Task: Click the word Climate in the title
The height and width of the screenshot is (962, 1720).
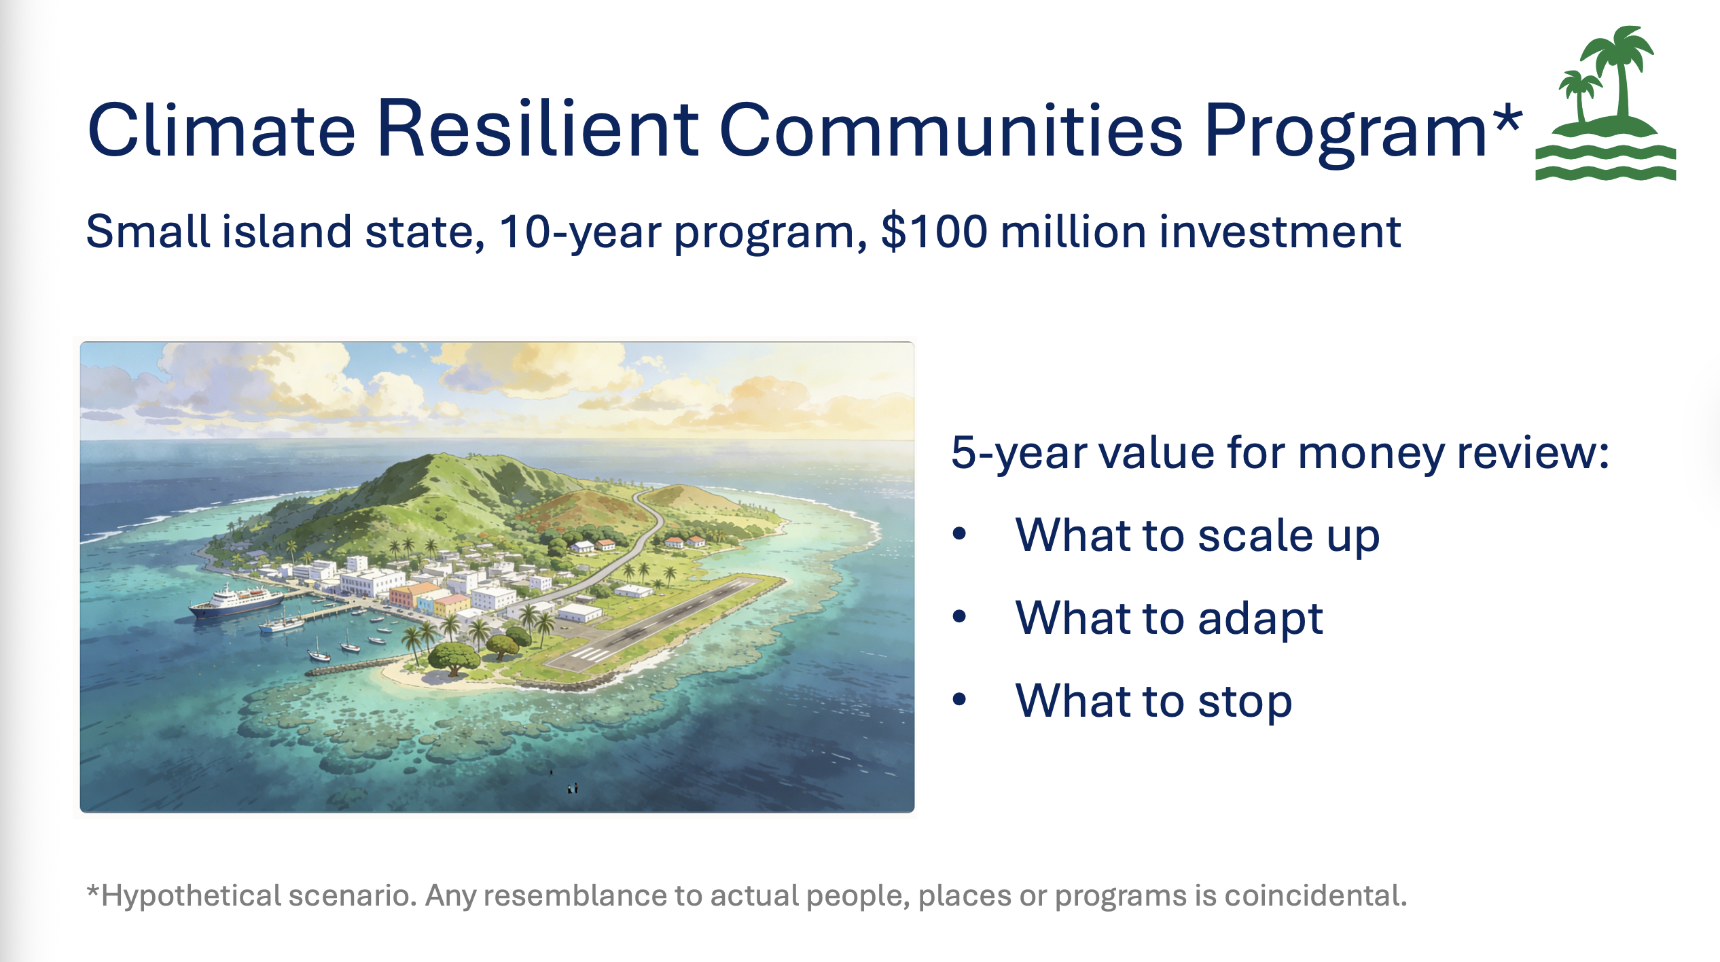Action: tap(221, 129)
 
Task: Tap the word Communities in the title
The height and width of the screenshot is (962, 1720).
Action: tap(951, 129)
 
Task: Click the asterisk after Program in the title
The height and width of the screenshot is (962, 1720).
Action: tap(1507, 118)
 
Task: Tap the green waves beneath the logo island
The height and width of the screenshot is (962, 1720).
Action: tap(1606, 162)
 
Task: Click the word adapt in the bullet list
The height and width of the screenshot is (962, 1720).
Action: tap(1260, 618)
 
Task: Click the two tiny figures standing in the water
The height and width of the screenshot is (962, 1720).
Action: tap(573, 788)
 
